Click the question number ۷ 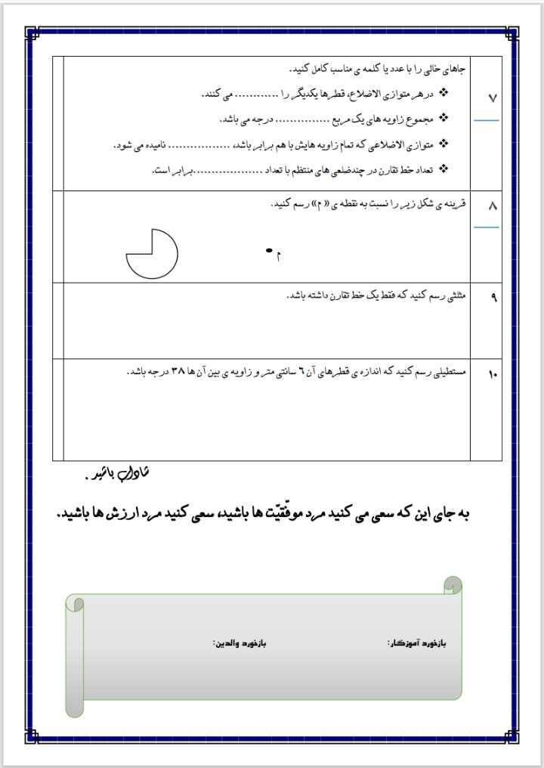tap(493, 99)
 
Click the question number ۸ tap(493, 206)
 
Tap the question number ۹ tap(493, 297)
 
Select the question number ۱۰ tap(493, 373)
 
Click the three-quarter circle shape tap(151, 254)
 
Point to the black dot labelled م tap(268, 251)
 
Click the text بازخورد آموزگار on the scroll tap(417, 643)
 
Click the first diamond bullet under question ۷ tap(444, 93)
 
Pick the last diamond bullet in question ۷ tap(444, 169)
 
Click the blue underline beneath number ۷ tap(487, 120)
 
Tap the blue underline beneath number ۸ tap(487, 226)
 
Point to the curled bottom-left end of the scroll tap(74, 707)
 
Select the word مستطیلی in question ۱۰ tap(451, 372)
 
